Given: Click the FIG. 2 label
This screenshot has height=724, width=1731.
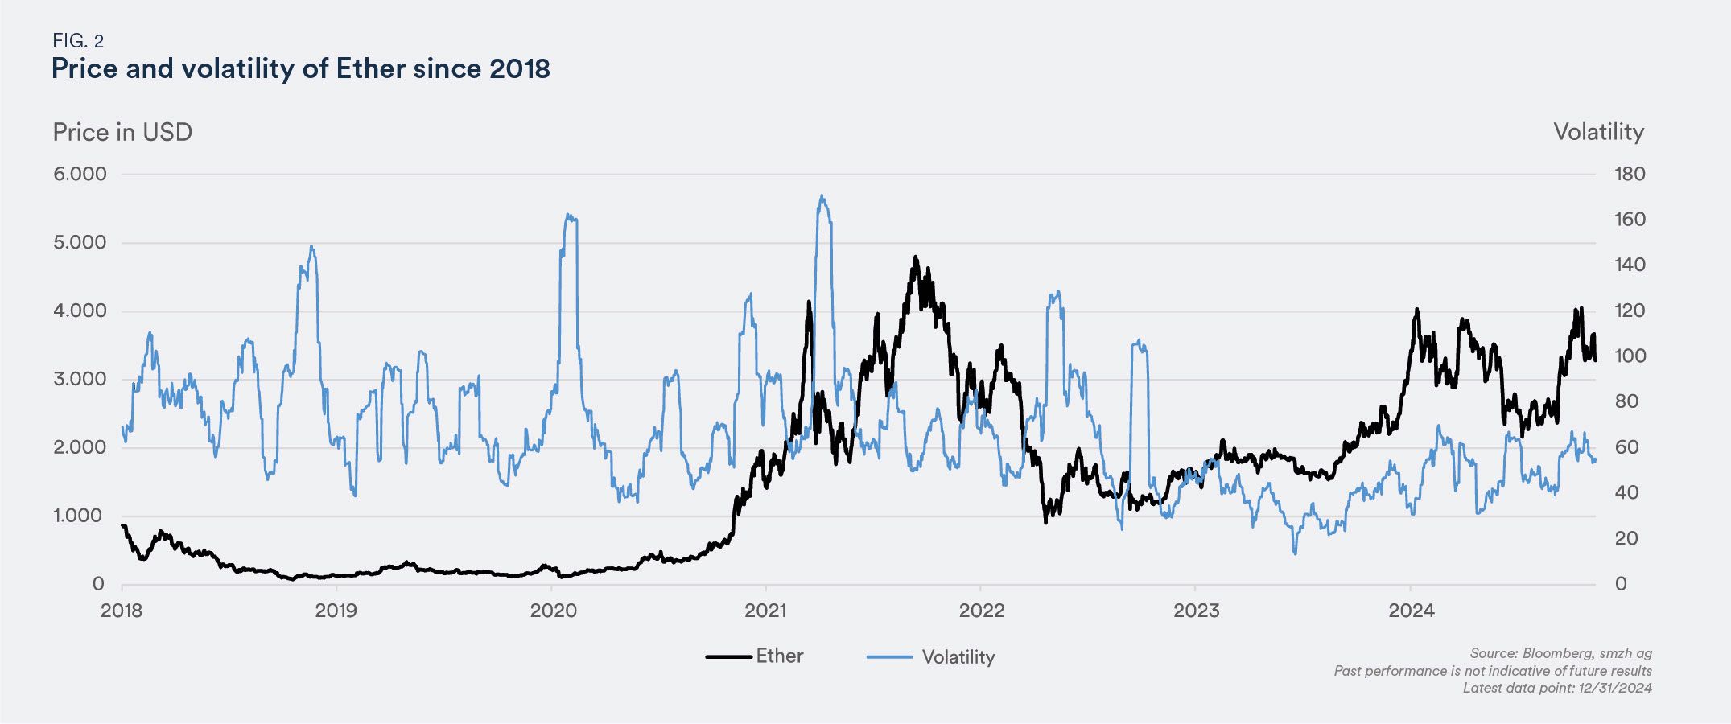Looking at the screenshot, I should [78, 41].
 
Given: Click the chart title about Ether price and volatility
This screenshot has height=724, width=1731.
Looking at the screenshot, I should [300, 69].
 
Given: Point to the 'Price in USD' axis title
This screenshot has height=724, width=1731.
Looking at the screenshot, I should [122, 133].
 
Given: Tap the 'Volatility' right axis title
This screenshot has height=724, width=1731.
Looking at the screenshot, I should [1598, 133].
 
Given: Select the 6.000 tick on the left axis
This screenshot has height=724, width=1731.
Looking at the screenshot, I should [80, 175].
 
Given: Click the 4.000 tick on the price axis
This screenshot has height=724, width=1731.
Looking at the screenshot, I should [80, 311].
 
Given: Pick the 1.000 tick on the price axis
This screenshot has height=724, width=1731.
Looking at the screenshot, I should [80, 516].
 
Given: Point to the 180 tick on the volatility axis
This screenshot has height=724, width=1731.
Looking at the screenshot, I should [1630, 175].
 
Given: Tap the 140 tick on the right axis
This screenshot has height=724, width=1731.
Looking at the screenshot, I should [1630, 265].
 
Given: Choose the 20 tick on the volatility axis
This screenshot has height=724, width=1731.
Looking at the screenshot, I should [1626, 539].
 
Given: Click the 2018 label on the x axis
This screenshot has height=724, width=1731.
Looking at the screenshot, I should [122, 611].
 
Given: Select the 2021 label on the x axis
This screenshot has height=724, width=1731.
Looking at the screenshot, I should [765, 611].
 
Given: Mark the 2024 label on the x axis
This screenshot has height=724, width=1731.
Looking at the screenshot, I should [1411, 611].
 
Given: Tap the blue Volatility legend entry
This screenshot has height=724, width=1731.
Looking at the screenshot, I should [931, 657].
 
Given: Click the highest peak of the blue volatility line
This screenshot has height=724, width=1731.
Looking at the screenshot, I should [822, 195].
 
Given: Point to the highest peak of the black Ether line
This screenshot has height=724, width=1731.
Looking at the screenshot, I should [915, 257].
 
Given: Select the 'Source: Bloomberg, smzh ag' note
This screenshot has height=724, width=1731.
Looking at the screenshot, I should [1560, 654].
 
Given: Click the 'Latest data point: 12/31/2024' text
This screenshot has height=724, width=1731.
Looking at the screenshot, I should [1556, 688].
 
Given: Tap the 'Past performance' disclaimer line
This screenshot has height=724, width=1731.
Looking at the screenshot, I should [1492, 671].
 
